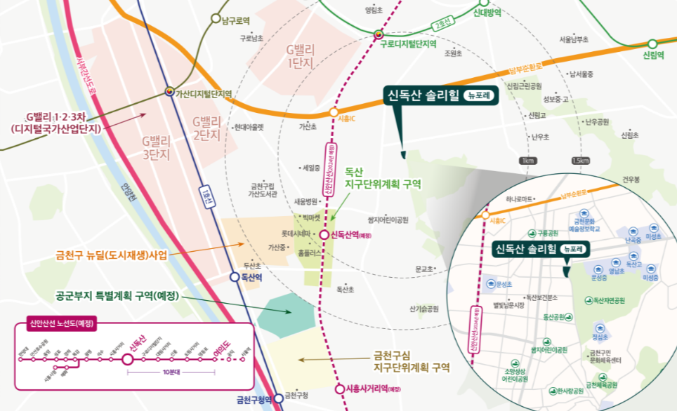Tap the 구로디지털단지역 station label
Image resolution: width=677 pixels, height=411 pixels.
408,43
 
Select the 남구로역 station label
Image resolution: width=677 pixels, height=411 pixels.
236,21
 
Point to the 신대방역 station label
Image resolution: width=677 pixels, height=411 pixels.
487,12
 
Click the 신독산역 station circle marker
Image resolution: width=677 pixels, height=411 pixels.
324,235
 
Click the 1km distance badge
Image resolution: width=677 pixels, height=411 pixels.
527,161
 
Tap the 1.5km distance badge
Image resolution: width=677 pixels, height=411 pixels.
580,161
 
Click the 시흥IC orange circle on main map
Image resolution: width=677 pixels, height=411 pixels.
334,112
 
